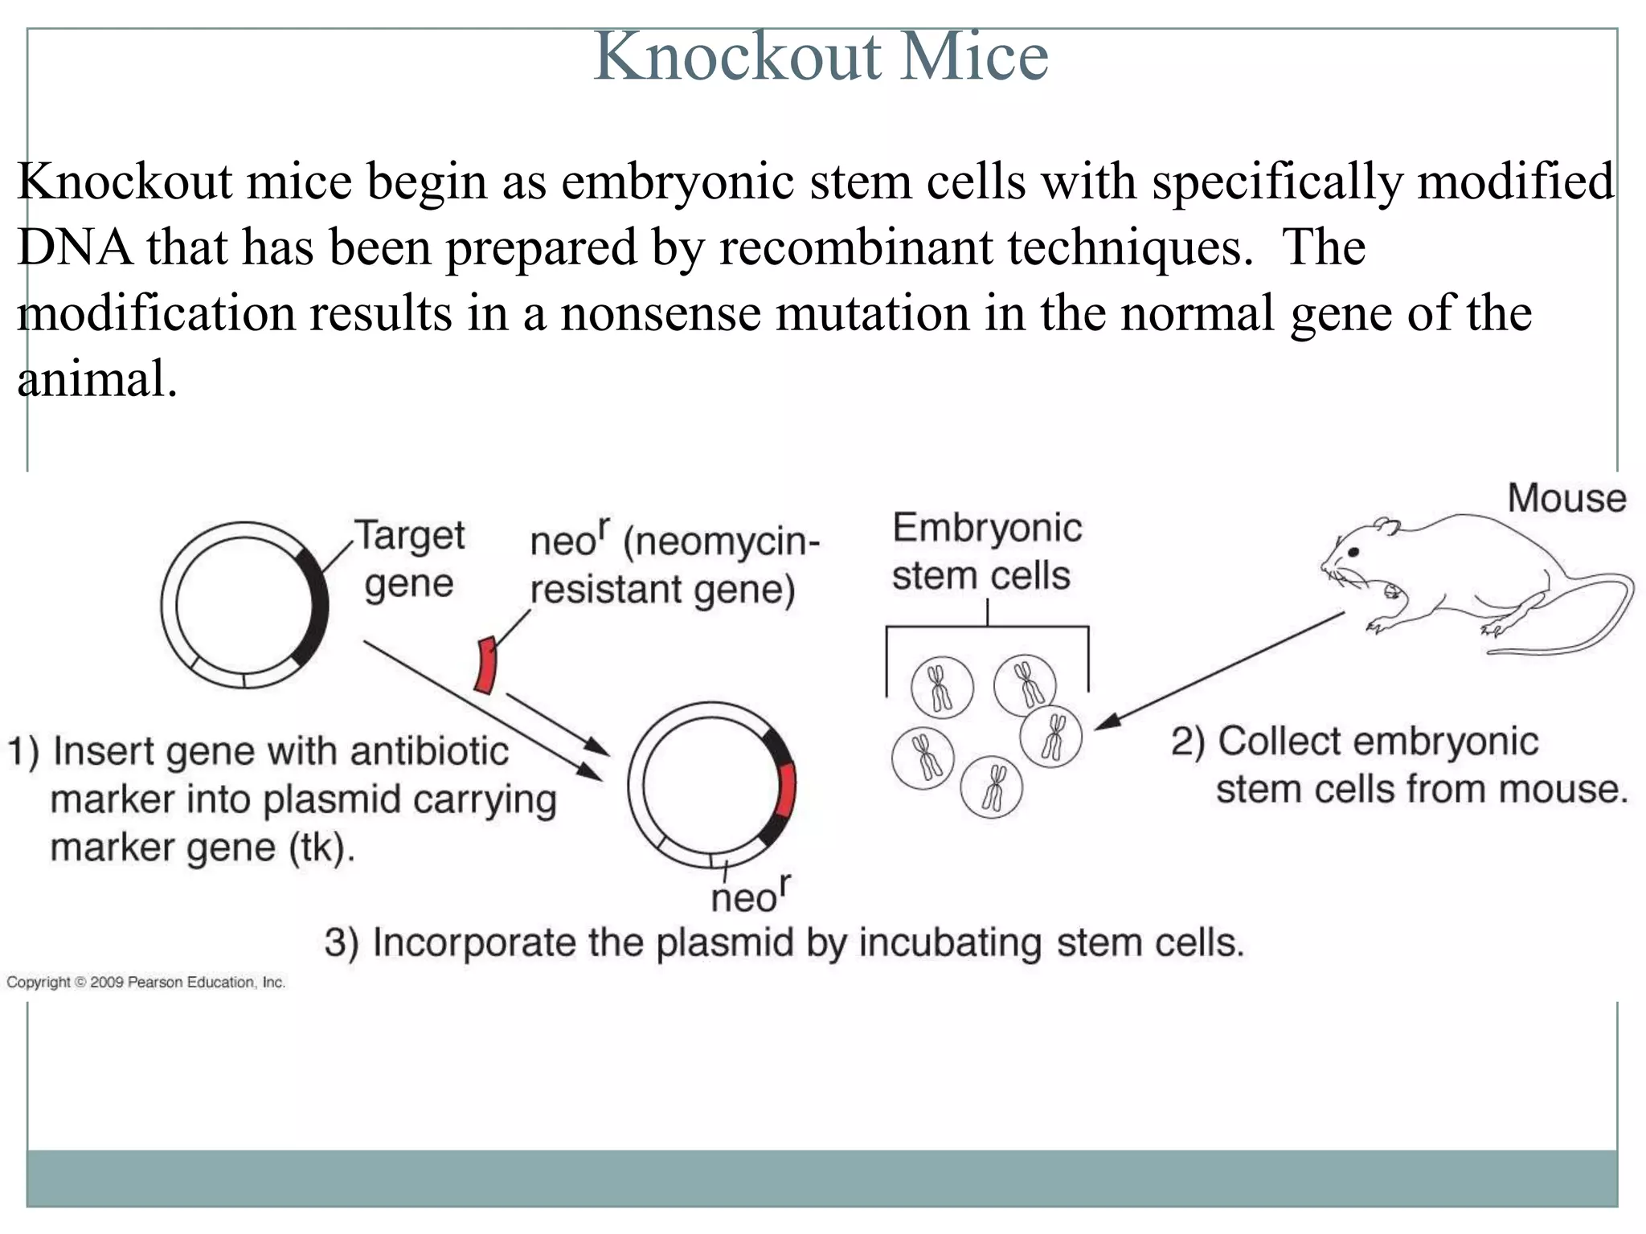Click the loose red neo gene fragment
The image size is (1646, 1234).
(x=485, y=665)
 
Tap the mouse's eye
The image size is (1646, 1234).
(x=1353, y=553)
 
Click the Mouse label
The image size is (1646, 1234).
(x=1566, y=499)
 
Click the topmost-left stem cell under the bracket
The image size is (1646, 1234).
(x=942, y=688)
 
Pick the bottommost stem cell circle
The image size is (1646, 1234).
(x=992, y=787)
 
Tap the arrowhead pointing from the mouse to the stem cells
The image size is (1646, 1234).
(x=1105, y=721)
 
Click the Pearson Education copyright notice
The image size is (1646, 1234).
(x=145, y=983)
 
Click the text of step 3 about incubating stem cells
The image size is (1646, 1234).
(x=784, y=943)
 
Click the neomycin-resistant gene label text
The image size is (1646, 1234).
(x=674, y=566)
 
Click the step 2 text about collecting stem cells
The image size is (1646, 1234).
(x=1398, y=766)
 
